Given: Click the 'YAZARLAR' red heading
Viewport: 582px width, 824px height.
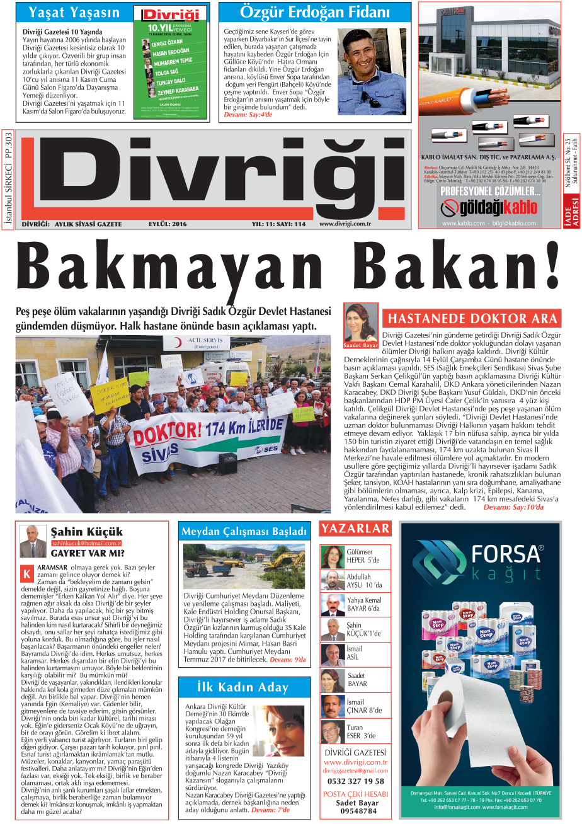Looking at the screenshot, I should click(355, 529).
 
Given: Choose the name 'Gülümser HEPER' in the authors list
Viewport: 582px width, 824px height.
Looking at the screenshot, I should click(360, 556).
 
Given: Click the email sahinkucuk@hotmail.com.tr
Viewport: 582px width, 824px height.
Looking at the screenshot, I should click(86, 542).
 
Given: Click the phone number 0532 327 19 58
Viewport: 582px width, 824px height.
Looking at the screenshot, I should click(355, 781).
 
